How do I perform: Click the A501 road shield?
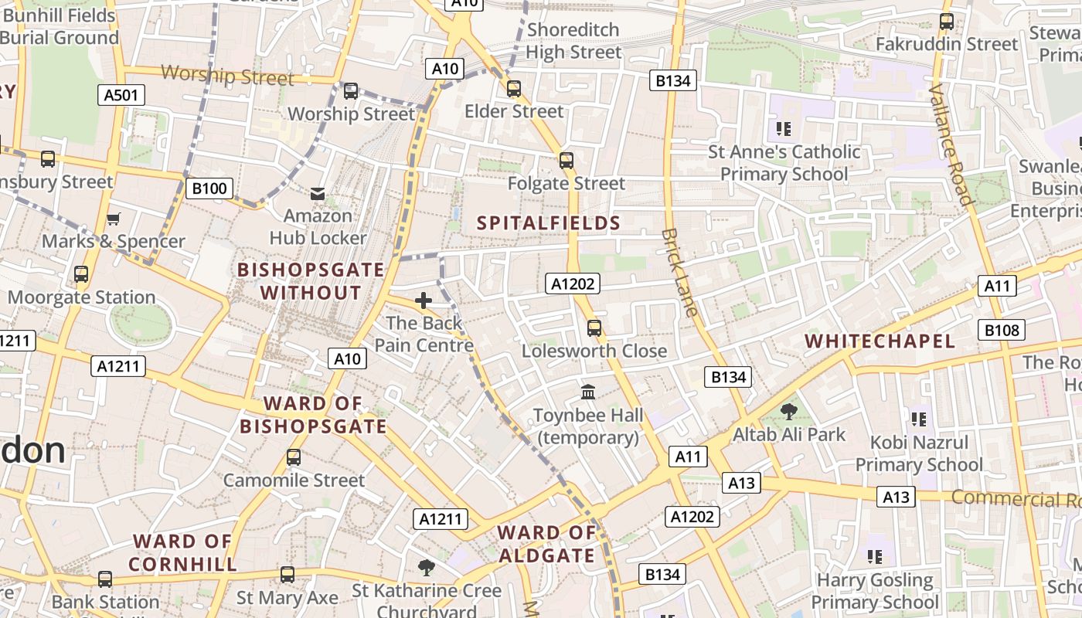(121, 95)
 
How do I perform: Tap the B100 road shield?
(209, 188)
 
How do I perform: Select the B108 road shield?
(1002, 331)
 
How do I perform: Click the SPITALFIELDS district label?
(549, 223)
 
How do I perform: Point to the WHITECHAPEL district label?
(880, 341)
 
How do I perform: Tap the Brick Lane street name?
(680, 273)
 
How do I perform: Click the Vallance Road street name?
(951, 144)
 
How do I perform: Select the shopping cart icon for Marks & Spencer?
(114, 219)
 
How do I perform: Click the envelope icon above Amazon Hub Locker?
(318, 193)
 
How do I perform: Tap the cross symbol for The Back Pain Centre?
(424, 301)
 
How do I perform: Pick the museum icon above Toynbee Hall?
(588, 392)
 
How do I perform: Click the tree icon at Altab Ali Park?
(788, 412)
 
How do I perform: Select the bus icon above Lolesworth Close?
(594, 328)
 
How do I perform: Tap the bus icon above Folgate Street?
(567, 161)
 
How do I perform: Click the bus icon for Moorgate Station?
(81, 274)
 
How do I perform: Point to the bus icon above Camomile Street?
(294, 457)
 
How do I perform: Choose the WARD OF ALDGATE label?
(546, 544)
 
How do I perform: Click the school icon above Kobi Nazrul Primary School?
(918, 419)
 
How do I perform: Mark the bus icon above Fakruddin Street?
(946, 22)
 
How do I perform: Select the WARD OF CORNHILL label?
(182, 552)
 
